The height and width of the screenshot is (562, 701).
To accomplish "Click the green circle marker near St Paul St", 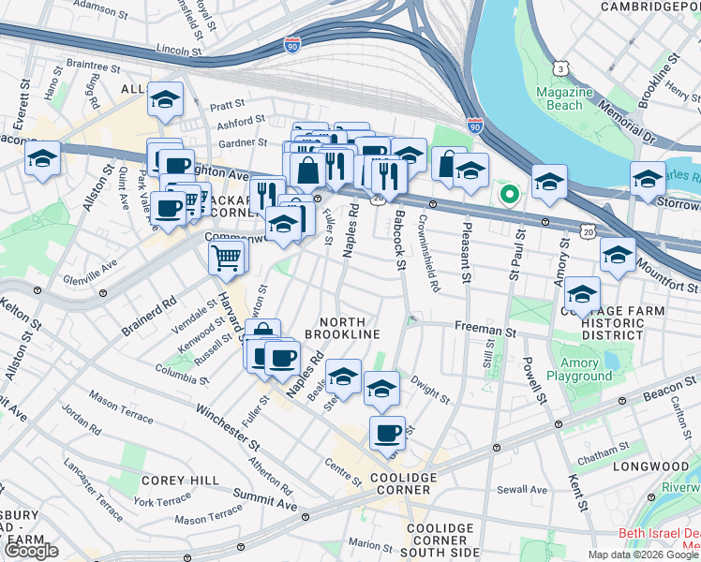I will pos(509,195).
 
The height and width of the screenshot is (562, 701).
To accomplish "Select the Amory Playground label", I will pos(585,369).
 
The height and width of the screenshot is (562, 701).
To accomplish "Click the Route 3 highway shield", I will pos(559,68).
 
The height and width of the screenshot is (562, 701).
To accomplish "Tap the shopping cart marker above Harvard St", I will pos(228,256).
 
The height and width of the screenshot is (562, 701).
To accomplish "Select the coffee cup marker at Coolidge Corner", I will pos(387,434).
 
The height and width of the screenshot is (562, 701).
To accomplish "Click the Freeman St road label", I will pos(485,330).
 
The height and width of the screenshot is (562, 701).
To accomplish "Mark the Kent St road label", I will pos(577,493).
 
